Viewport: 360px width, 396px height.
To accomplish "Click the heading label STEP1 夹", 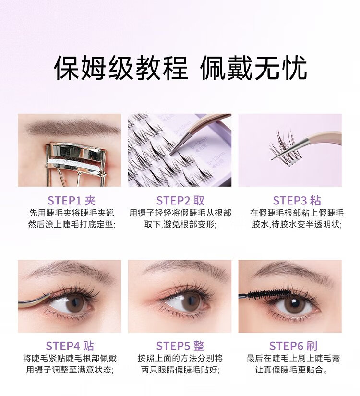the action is tap(72, 201).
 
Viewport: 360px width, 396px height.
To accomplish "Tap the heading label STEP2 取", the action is tap(180, 201).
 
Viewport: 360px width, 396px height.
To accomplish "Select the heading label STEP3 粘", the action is tap(297, 201).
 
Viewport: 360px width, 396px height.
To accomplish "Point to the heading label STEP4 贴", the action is tap(70, 346).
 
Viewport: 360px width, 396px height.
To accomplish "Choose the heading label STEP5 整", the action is tap(180, 346).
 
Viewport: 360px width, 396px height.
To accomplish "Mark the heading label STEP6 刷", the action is tap(293, 346).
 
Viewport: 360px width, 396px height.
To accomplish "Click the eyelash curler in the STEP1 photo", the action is tap(76, 159).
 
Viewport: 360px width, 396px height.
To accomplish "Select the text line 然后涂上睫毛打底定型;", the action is tap(72, 225).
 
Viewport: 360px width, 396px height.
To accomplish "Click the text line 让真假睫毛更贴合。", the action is tap(293, 370).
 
